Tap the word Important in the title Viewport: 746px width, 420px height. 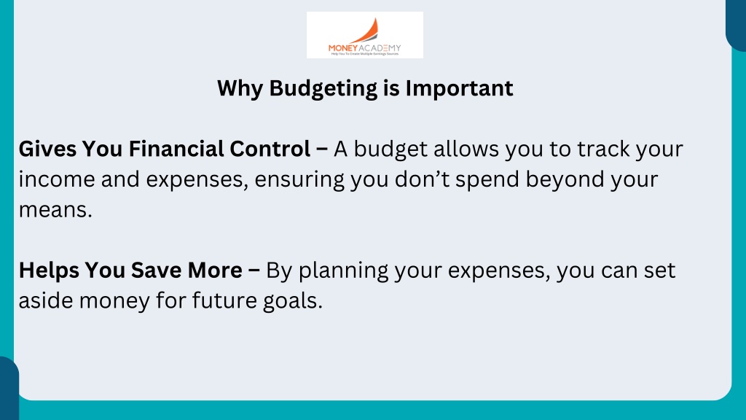(459, 88)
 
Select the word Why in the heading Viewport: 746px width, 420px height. (240, 89)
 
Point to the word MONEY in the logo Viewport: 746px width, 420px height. (342, 48)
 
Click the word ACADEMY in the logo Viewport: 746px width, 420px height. (380, 48)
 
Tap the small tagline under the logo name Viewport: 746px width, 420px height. (365, 54)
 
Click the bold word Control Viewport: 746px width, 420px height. (270, 149)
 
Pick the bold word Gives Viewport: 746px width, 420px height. (47, 149)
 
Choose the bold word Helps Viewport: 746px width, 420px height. (49, 271)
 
